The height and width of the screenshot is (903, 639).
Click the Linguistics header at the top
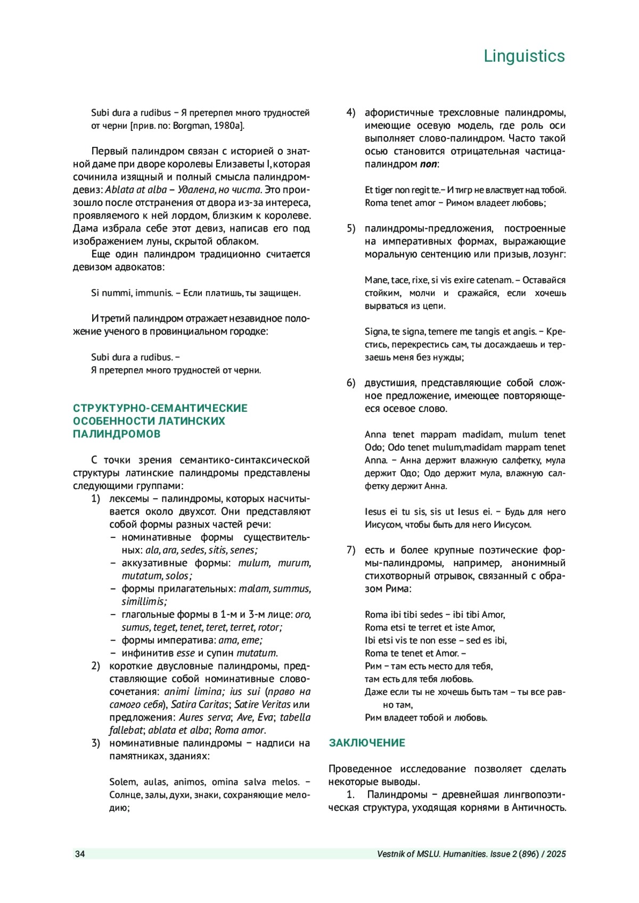(524, 56)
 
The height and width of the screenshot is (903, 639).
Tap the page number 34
(80, 854)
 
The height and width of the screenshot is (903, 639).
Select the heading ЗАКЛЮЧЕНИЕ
(367, 743)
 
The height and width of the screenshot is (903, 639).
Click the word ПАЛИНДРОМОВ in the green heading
(117, 434)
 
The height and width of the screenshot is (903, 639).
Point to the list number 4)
(351, 113)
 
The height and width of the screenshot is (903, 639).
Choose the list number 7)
(351, 550)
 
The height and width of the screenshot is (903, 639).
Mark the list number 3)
(96, 743)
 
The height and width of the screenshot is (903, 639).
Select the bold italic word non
(428, 164)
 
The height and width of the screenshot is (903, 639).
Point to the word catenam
(498, 280)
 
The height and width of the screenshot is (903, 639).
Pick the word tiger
(384, 190)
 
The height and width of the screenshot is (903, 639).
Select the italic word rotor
(269, 627)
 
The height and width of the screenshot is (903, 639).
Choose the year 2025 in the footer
(556, 854)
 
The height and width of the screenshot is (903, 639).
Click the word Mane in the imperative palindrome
(376, 280)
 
